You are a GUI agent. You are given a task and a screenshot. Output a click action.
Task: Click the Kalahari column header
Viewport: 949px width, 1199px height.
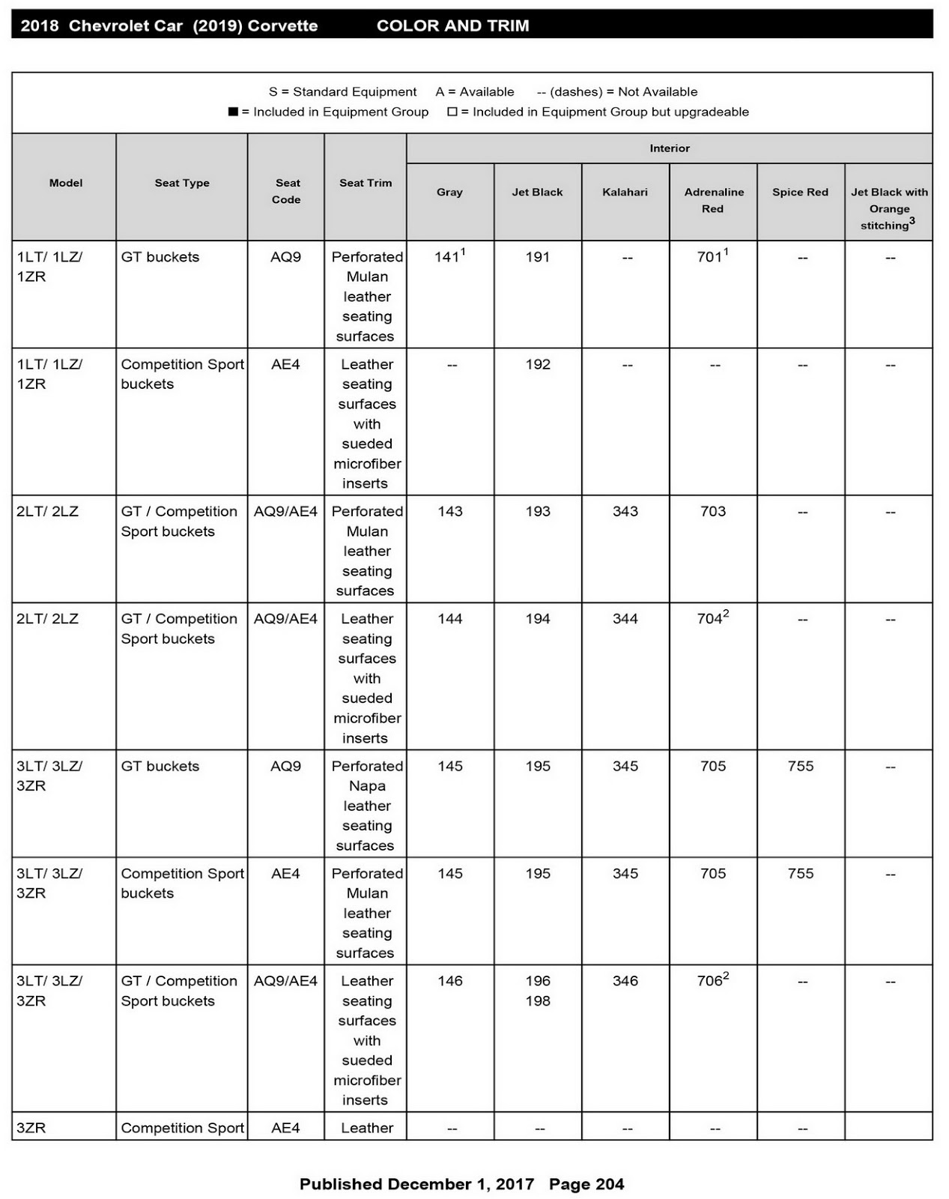click(x=625, y=192)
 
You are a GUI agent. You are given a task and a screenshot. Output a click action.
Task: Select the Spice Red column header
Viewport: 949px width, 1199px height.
click(x=800, y=192)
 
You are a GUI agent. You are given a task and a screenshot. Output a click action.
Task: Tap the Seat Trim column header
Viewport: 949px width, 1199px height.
click(x=366, y=183)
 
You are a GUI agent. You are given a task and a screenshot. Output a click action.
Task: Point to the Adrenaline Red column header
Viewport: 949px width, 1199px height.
click(x=713, y=200)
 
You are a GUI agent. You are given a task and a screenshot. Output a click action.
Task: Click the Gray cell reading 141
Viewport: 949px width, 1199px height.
click(x=447, y=257)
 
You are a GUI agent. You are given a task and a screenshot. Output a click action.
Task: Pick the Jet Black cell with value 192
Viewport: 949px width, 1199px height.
click(x=538, y=364)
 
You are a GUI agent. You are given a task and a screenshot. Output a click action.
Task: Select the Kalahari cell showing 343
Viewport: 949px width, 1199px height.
click(x=625, y=511)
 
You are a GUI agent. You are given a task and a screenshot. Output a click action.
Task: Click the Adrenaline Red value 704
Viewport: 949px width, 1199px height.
click(x=709, y=619)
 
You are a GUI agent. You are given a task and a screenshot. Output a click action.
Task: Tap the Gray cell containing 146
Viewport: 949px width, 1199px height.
click(x=450, y=981)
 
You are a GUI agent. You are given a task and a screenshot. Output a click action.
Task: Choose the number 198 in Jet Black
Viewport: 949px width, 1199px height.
click(x=538, y=1001)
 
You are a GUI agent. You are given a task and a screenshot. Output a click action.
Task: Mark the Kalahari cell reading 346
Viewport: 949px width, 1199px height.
click(x=625, y=981)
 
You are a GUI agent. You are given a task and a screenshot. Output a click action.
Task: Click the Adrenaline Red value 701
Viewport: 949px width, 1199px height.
click(x=709, y=257)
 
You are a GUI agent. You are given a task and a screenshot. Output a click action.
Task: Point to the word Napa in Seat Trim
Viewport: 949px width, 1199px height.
click(x=367, y=786)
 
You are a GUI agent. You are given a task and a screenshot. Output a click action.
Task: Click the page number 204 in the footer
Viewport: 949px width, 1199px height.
click(x=607, y=1184)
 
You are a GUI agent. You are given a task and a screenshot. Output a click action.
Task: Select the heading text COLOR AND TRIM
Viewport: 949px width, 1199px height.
click(x=452, y=26)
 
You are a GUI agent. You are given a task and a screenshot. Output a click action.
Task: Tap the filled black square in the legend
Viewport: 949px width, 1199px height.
click(x=233, y=112)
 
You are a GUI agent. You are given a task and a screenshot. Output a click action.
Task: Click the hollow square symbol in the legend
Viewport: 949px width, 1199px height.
click(x=452, y=112)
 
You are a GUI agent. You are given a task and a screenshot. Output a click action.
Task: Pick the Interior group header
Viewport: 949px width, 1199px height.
click(x=670, y=148)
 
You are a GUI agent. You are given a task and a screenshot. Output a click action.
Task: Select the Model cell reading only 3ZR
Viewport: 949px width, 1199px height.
click(x=31, y=1128)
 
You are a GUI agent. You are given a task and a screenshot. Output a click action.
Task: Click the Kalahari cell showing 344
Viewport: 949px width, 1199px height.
click(x=625, y=619)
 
